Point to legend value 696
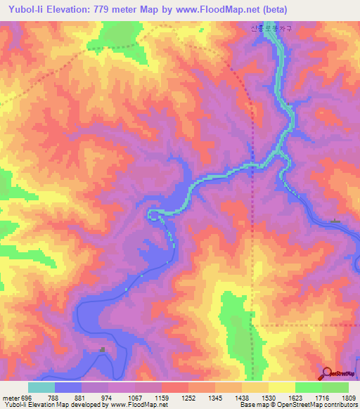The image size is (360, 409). click(25, 398)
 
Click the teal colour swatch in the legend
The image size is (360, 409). click(41, 387)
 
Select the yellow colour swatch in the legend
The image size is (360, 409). click(282, 387)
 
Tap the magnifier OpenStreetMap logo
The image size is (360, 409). click(326, 373)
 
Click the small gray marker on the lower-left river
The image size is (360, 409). click(103, 349)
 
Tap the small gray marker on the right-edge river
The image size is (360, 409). click(335, 222)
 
